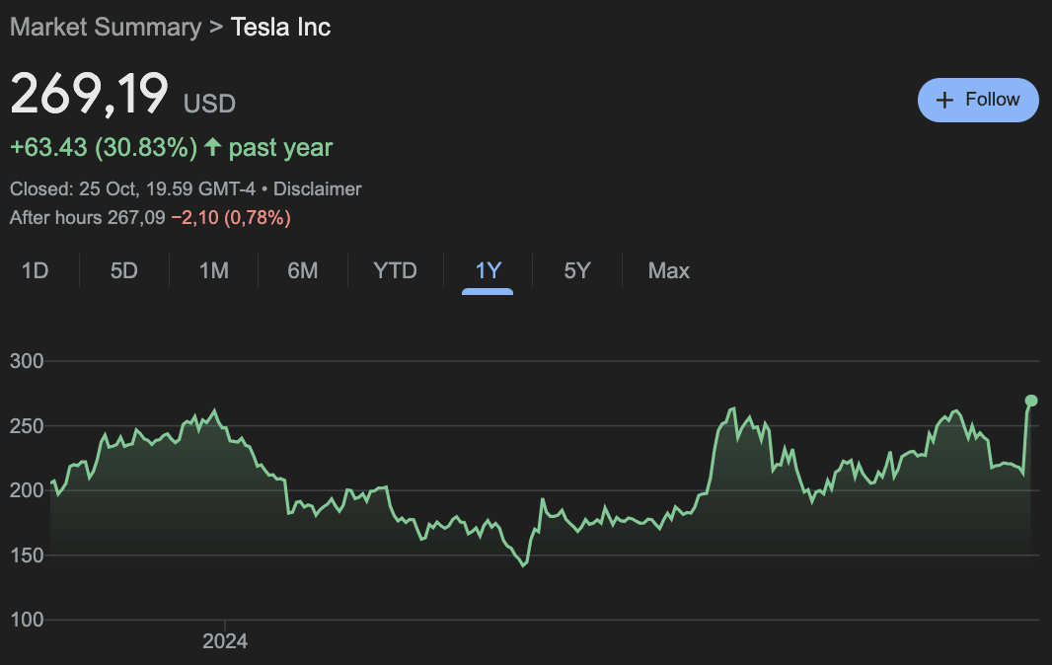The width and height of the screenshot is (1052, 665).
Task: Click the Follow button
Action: pyautogui.click(x=978, y=100)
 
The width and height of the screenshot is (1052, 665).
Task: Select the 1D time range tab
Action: pyautogui.click(x=36, y=270)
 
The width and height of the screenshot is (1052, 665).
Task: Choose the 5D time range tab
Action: pyautogui.click(x=124, y=270)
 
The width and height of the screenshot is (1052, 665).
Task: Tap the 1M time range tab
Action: pyautogui.click(x=213, y=270)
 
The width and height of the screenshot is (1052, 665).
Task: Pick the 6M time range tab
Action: pyautogui.click(x=302, y=270)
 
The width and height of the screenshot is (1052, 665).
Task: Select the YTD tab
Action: pyautogui.click(x=395, y=270)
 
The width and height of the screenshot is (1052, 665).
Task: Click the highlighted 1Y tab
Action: pyautogui.click(x=488, y=270)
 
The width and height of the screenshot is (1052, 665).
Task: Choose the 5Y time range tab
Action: pyautogui.click(x=576, y=270)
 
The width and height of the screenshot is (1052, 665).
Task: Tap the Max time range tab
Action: pyautogui.click(x=668, y=270)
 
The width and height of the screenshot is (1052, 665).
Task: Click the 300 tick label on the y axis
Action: pyautogui.click(x=27, y=361)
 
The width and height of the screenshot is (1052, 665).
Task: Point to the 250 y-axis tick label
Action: pyautogui.click(x=27, y=426)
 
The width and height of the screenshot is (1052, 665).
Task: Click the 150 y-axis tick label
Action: pyautogui.click(x=27, y=555)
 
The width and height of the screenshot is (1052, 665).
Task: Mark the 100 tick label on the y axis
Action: pyautogui.click(x=27, y=621)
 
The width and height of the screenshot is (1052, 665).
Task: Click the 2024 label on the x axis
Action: pyautogui.click(x=225, y=641)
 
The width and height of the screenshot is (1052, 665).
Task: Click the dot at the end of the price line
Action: pyautogui.click(x=1031, y=401)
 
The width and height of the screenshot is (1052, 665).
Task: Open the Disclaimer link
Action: pyautogui.click(x=318, y=188)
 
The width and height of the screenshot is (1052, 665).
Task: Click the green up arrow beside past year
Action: pyautogui.click(x=213, y=148)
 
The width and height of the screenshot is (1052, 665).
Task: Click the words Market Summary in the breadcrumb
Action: pyautogui.click(x=105, y=27)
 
